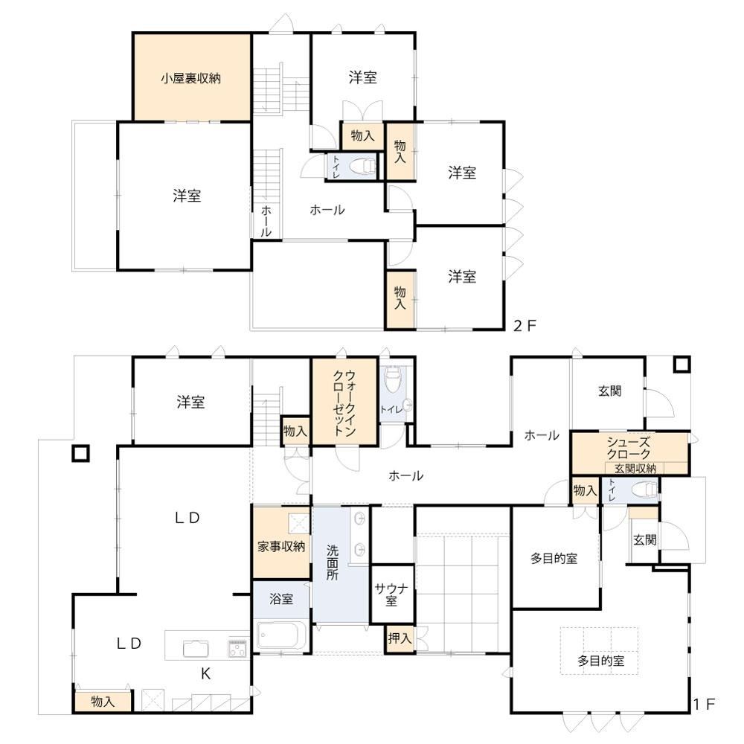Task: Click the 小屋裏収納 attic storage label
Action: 190,78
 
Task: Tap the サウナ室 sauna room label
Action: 391,595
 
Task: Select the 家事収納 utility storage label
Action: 281,547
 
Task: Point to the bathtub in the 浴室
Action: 281,635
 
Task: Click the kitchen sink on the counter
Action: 196,648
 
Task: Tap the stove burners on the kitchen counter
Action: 237,648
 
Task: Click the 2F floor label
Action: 525,326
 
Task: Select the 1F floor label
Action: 704,704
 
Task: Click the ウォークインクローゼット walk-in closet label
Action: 344,403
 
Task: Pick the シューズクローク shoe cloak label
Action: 629,449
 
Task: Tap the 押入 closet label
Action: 400,638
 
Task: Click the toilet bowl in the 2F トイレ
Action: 362,167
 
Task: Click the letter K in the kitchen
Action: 205,674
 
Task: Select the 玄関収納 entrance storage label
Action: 635,469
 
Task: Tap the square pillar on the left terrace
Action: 80,454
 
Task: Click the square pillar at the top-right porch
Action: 682,365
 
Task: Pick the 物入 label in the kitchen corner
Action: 103,702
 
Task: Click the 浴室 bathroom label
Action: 281,599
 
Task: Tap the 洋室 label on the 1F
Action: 190,403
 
